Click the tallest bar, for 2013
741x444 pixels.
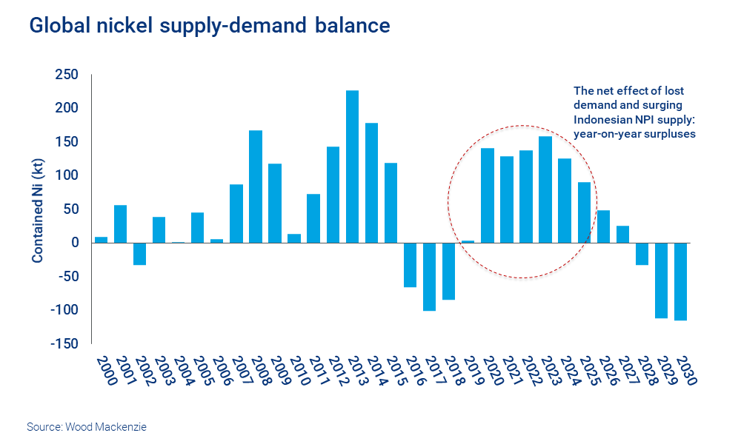coord(352,166)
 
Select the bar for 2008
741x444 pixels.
coord(256,186)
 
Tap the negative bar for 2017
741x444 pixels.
coord(429,277)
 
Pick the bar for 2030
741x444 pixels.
coord(681,281)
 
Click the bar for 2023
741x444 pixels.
coord(545,189)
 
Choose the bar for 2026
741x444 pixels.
coord(604,226)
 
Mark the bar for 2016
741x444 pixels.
coord(410,265)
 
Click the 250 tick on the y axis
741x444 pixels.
coord(67,75)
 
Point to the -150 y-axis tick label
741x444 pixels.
coord(64,343)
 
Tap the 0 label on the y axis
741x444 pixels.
coord(76,243)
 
